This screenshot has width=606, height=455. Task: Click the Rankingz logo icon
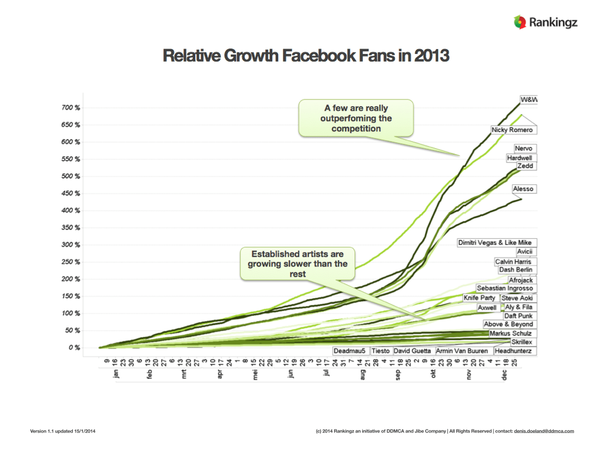(520, 23)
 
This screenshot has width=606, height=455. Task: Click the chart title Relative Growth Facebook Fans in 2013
(306, 57)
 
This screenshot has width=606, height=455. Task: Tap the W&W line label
(528, 99)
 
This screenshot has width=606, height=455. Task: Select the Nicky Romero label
(512, 130)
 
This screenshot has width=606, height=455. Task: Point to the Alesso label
(523, 189)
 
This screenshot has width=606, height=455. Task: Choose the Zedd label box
(525, 166)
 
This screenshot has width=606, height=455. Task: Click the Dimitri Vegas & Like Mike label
(495, 243)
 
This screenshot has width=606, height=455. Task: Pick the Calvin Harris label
(512, 262)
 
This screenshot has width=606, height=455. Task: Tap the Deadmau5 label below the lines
(349, 351)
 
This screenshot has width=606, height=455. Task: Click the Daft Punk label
(518, 316)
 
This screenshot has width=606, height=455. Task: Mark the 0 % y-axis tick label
(74, 348)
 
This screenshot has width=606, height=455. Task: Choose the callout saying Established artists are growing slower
(298, 264)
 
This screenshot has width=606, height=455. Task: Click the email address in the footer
(544, 431)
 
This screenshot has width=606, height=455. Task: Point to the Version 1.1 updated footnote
(63, 431)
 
